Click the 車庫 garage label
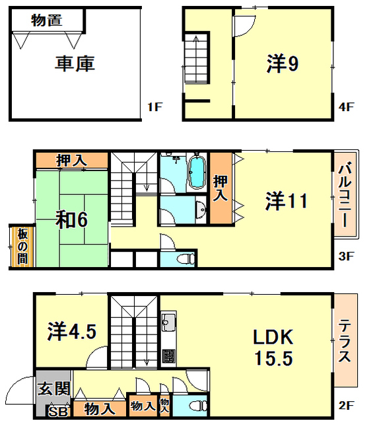click(x=75, y=63)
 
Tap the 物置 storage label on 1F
click(x=47, y=20)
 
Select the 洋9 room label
click(x=283, y=63)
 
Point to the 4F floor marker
click(x=346, y=107)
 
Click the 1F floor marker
click(x=154, y=107)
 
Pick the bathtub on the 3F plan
click(x=197, y=172)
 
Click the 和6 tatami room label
click(x=71, y=220)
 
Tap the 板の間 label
click(x=22, y=246)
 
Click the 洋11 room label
click(x=286, y=201)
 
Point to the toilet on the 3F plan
click(x=186, y=258)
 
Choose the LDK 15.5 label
click(x=273, y=348)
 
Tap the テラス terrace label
click(x=345, y=340)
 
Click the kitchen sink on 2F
click(x=169, y=322)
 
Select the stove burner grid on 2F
click(x=169, y=356)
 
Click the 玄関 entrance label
click(x=54, y=388)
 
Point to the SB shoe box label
click(x=58, y=412)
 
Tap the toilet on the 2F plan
click(x=198, y=406)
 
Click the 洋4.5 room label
click(x=72, y=332)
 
